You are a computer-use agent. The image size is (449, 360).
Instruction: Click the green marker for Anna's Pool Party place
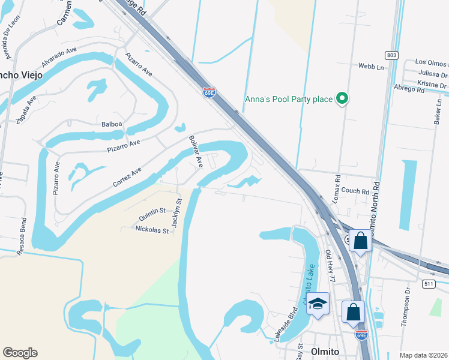tap(342, 98)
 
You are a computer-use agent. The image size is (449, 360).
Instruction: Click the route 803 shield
tap(391, 55)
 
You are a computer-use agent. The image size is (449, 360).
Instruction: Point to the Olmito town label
tap(325, 352)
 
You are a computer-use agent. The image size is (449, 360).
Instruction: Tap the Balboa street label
tap(112, 124)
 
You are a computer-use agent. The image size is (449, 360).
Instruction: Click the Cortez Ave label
tap(128, 178)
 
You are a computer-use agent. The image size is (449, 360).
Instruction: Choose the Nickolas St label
tap(152, 229)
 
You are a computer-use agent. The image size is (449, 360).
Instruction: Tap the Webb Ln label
tap(371, 65)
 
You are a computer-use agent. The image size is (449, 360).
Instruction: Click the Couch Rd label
tap(357, 191)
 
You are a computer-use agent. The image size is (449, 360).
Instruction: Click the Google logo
tap(20, 353)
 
